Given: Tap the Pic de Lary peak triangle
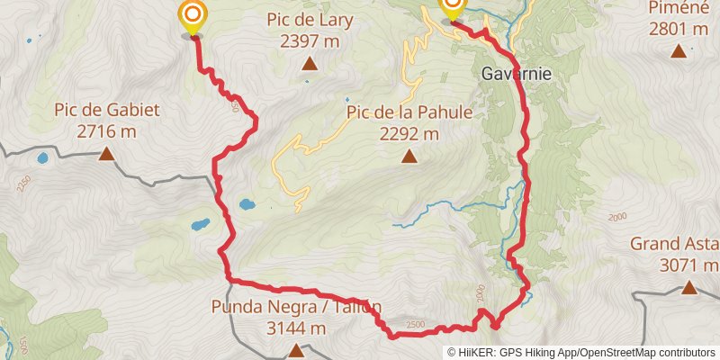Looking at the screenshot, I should [310, 63].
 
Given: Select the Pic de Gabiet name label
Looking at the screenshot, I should [106, 111].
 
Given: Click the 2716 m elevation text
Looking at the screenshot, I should [106, 131].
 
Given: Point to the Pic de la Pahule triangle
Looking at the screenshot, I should [409, 157].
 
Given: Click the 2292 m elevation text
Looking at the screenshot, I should [409, 134].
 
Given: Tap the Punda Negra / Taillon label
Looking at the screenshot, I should [296, 307].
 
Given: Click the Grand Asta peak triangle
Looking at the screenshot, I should [688, 288].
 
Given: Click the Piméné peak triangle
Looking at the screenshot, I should [679, 51].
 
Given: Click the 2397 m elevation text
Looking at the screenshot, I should [310, 40].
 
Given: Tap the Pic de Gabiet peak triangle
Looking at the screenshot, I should [106, 155].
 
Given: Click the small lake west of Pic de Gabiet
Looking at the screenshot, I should [42, 159].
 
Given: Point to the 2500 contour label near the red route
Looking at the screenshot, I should [415, 325].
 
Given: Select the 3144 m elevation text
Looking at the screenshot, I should [296, 328].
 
